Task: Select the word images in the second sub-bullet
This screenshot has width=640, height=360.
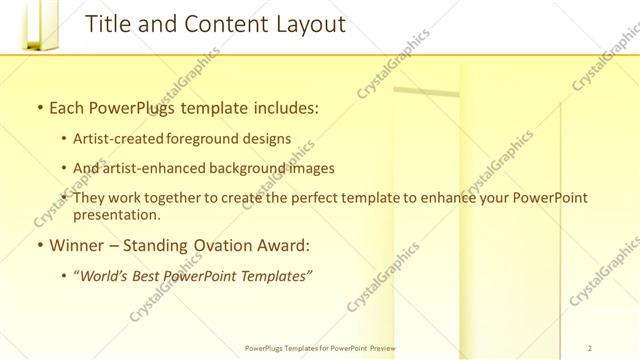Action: tap(307, 168)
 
